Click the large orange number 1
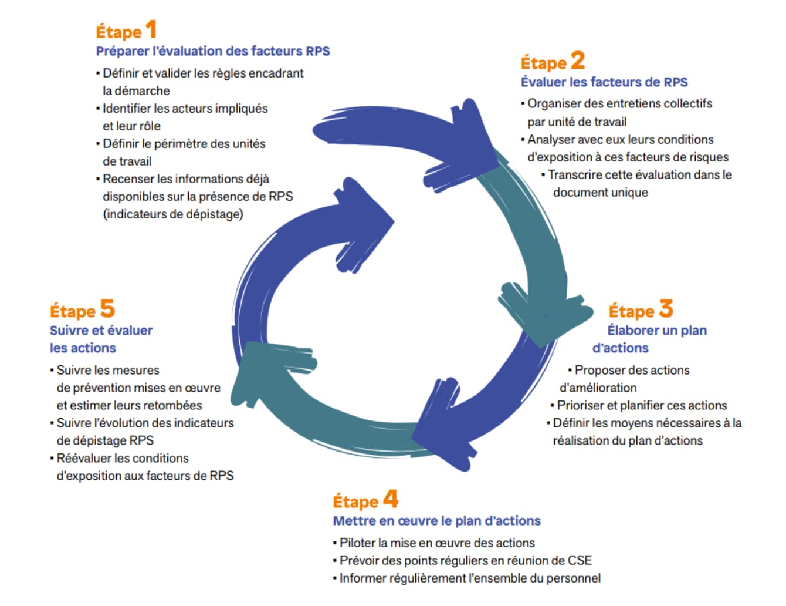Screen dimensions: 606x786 tap(151, 29)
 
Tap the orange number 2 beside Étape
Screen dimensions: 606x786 tap(577, 60)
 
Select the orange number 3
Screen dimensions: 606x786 tap(665, 308)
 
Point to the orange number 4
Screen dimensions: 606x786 tap(391, 499)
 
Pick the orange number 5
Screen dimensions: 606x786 tap(107, 308)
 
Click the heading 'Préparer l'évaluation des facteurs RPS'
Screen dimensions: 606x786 tap(213, 51)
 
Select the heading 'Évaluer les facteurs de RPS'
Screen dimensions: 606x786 tap(604, 82)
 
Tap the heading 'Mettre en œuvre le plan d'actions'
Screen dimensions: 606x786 tap(436, 521)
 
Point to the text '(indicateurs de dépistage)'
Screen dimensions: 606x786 tap(173, 214)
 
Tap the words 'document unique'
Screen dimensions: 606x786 tap(601, 193)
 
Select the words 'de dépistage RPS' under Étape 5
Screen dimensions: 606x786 tap(105, 441)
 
